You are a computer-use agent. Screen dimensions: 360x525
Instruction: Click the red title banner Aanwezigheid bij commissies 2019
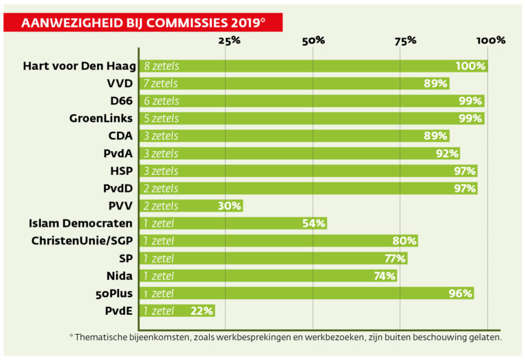pyautogui.click(x=143, y=23)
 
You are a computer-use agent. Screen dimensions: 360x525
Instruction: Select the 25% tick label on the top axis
pyautogui.click(x=229, y=40)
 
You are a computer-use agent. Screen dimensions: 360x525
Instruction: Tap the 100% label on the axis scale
pyautogui.click(x=491, y=40)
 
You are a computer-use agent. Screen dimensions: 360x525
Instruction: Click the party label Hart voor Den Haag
pyautogui.click(x=79, y=66)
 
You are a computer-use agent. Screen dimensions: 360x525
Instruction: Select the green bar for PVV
pyautogui.click(x=191, y=206)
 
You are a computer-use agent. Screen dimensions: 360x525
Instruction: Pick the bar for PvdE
pyautogui.click(x=177, y=310)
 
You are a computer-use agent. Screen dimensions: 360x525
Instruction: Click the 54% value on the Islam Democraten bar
pyautogui.click(x=314, y=223)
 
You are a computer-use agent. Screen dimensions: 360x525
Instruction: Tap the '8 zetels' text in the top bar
pyautogui.click(x=161, y=66)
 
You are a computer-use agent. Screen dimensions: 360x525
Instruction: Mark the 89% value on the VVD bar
pyautogui.click(x=435, y=83)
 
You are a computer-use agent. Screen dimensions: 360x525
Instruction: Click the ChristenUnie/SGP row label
pyautogui.click(x=83, y=240)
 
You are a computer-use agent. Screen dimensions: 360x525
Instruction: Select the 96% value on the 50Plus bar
pyautogui.click(x=461, y=293)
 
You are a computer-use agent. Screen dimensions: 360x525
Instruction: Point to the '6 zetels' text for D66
pyautogui.click(x=161, y=101)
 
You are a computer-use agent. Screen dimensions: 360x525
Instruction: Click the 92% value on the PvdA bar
pyautogui.click(x=446, y=153)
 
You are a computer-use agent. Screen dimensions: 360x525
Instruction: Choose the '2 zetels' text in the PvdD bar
pyautogui.click(x=161, y=189)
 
